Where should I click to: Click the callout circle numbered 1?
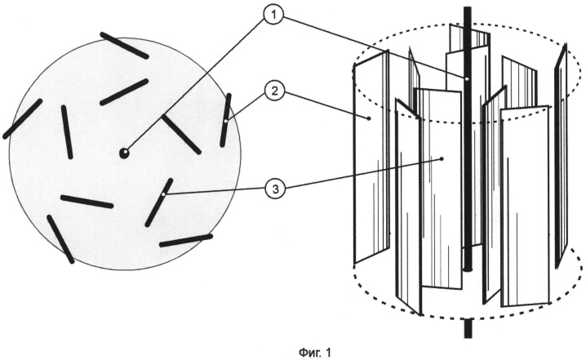pyautogui.click(x=274, y=16)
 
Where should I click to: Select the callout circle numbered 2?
pyautogui.click(x=275, y=91)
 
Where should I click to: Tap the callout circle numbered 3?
pyautogui.click(x=275, y=189)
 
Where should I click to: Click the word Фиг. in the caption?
pyautogui.click(x=309, y=353)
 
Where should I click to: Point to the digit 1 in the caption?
pyautogui.click(x=328, y=352)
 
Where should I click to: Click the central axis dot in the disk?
pyautogui.click(x=124, y=153)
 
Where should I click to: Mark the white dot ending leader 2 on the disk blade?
pyautogui.click(x=226, y=121)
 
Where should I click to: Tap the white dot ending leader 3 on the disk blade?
pyautogui.click(x=163, y=194)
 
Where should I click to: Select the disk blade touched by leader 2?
pyautogui.click(x=226, y=120)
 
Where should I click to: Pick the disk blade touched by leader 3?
pyautogui.click(x=159, y=202)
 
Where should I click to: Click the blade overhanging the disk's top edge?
pyautogui.click(x=124, y=45)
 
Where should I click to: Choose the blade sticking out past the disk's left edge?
pyautogui.click(x=22, y=119)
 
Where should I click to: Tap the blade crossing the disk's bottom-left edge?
pyautogui.click(x=60, y=239)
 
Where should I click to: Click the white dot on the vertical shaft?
pyautogui.click(x=467, y=79)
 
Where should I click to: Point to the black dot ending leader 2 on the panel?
pyautogui.click(x=369, y=118)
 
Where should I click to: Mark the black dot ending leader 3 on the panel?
pyautogui.click(x=442, y=159)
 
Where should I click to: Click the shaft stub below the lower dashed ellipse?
pyautogui.click(x=468, y=329)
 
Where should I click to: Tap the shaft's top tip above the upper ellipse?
pyautogui.click(x=467, y=7)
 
